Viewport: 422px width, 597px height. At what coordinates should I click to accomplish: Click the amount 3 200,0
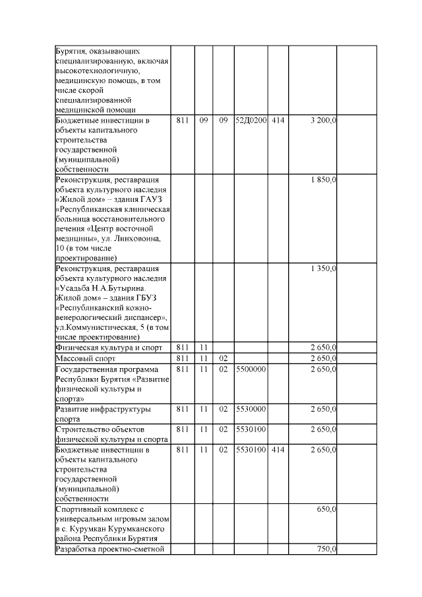322,121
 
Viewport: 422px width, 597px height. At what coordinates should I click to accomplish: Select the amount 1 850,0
322,179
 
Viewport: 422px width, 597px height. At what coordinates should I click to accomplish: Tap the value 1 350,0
322,268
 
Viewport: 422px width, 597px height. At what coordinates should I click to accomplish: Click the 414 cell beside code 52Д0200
278,121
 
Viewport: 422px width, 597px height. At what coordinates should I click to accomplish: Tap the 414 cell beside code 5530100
278,449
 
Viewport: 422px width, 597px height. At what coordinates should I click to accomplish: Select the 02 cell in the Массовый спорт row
224,358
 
